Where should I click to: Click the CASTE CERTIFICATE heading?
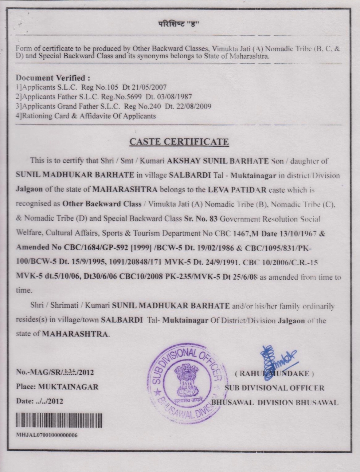(179, 142)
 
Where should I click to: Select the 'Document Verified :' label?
(53, 78)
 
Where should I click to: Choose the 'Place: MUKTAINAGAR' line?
(57, 387)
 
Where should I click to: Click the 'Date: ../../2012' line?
(39, 401)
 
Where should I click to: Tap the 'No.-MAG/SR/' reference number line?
(55, 372)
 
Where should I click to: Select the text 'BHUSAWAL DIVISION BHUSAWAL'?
(275, 402)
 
